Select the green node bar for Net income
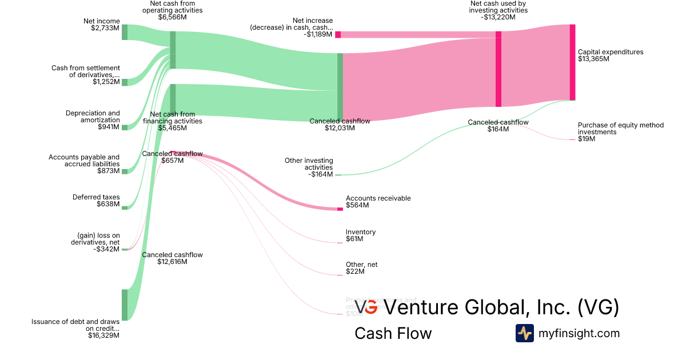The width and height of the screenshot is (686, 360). click(x=124, y=32)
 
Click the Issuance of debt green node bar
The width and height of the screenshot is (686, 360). click(x=124, y=305)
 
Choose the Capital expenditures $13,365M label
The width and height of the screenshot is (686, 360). click(x=610, y=55)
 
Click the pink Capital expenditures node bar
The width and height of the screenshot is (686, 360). click(x=572, y=62)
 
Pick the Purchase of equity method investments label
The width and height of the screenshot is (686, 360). click(x=620, y=132)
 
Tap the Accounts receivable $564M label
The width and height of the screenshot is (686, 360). click(x=378, y=202)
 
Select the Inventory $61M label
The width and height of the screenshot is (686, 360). click(x=360, y=235)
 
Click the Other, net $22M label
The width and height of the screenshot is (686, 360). click(x=361, y=268)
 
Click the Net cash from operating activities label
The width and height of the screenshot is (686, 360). click(x=172, y=10)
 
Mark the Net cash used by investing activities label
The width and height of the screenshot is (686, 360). click(x=498, y=10)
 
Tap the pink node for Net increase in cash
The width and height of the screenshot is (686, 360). click(x=338, y=34)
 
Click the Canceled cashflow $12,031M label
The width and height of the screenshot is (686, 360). click(x=340, y=125)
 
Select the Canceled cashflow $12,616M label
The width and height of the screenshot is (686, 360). click(x=172, y=258)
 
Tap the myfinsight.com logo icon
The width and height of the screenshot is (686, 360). click(x=524, y=333)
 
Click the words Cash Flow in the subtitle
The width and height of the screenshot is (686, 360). click(x=393, y=334)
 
